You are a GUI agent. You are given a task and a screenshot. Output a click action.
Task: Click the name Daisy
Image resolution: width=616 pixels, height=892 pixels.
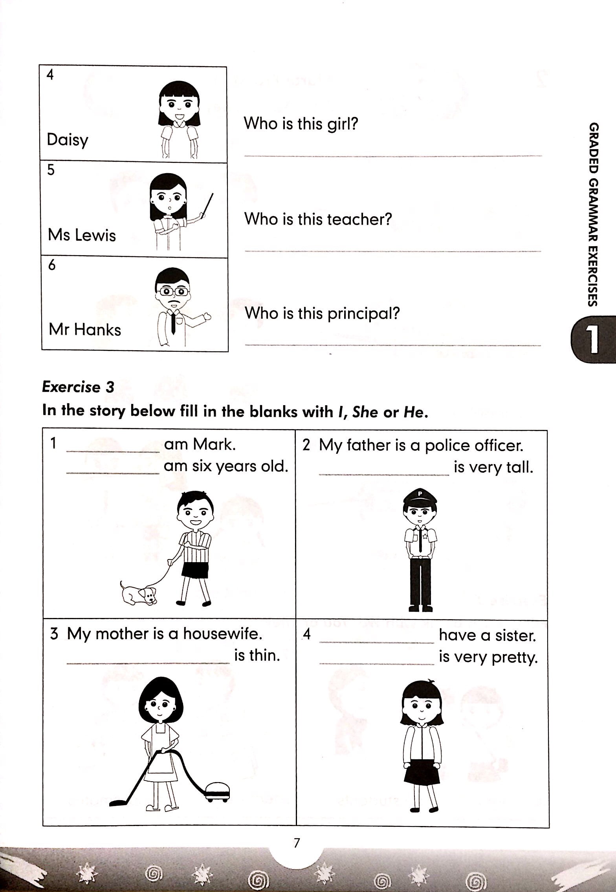[x=68, y=140]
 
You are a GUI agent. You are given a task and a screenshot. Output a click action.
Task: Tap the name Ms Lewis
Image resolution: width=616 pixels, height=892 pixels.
[x=82, y=235]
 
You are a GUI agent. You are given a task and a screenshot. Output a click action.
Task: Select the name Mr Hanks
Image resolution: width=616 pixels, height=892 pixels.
[x=85, y=330]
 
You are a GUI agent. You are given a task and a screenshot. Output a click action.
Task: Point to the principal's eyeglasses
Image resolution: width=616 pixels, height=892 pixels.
[x=172, y=292]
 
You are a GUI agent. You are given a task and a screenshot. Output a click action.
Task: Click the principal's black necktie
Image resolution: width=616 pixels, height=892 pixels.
[x=173, y=323]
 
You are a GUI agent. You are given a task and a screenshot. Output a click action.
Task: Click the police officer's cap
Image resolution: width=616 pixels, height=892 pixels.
[x=420, y=497]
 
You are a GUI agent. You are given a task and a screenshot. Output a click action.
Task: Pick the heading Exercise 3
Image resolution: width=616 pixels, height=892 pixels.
[x=78, y=387]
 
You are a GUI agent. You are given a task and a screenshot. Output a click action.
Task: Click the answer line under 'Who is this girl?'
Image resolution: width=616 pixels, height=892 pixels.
[x=393, y=156]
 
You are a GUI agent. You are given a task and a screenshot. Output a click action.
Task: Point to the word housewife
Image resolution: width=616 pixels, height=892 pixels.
[x=222, y=634]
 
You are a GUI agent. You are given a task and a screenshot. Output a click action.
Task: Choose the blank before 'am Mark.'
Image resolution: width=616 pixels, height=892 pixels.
[x=113, y=452]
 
